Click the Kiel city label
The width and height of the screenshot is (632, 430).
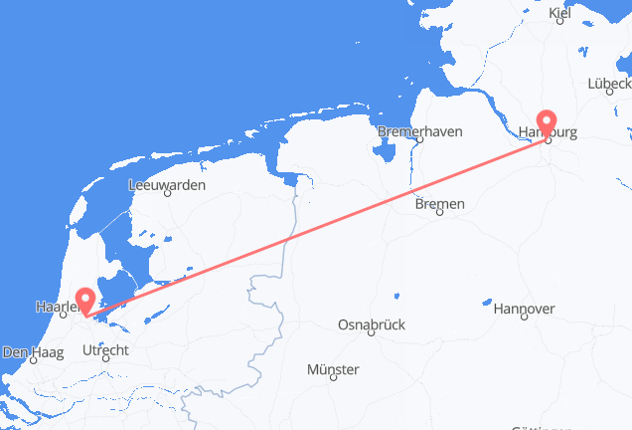click(x=560, y=13)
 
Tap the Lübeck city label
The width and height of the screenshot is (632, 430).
click(x=609, y=85)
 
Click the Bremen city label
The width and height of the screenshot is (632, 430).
click(x=439, y=204)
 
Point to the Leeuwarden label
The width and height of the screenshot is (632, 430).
click(x=168, y=185)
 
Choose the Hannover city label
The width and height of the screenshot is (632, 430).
click(x=523, y=310)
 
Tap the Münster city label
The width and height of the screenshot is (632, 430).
click(x=334, y=370)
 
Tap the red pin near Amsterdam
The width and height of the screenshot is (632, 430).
click(x=87, y=302)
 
